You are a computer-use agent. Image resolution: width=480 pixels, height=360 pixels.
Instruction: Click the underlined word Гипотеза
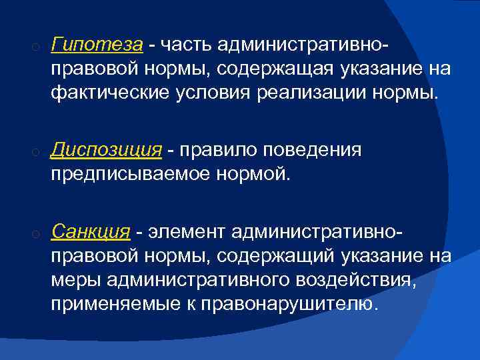pyautogui.click(x=97, y=45)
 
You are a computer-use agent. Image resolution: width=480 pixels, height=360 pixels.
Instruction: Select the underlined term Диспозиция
pyautogui.click(x=107, y=150)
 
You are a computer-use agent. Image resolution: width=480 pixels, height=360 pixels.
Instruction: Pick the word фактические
pyautogui.click(x=105, y=93)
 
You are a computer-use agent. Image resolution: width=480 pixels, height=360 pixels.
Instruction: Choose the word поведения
pyautogui.click(x=315, y=150)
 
